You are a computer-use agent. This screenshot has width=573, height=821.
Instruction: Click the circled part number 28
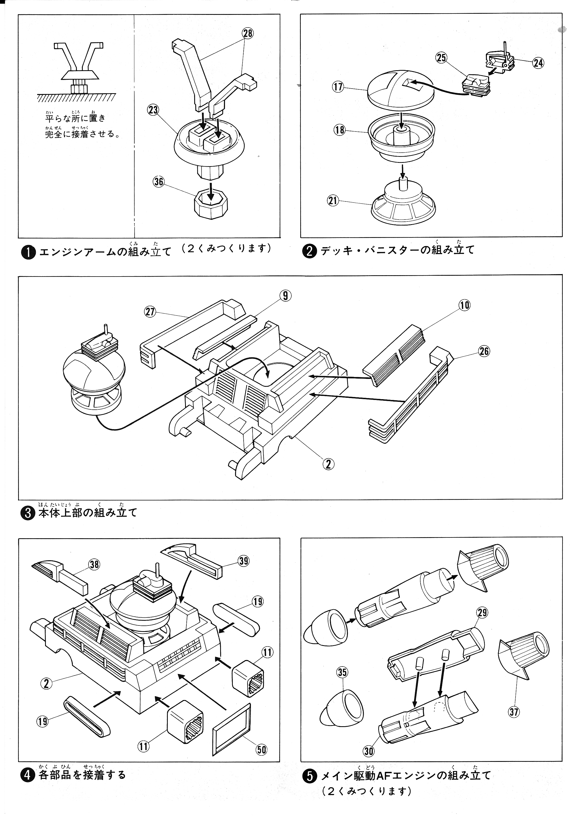(248, 33)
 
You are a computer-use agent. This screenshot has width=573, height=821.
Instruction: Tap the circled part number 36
(159, 182)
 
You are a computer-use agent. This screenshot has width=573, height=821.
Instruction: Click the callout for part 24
(538, 63)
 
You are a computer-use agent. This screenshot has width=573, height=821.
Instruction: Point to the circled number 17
(338, 87)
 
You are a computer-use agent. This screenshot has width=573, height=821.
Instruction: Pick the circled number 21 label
(333, 201)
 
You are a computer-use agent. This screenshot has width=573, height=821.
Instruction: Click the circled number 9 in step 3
(285, 296)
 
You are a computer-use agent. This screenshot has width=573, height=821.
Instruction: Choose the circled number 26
(484, 351)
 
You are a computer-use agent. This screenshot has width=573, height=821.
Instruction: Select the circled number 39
(244, 561)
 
